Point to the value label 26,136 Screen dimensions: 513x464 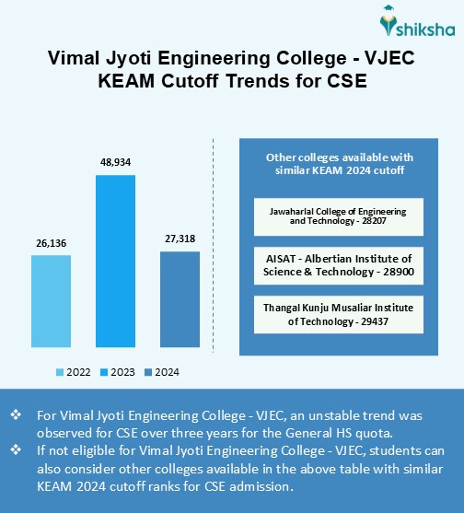pos(51,244)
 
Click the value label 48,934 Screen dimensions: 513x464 pos(115,162)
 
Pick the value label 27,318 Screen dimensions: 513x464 pos(180,239)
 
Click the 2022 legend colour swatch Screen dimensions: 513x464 pos(60,372)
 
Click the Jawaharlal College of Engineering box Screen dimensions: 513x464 pos(337,217)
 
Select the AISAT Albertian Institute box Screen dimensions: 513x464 pos(337,266)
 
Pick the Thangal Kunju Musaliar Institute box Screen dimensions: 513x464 pos(337,315)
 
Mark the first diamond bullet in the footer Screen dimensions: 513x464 pos(16,415)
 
